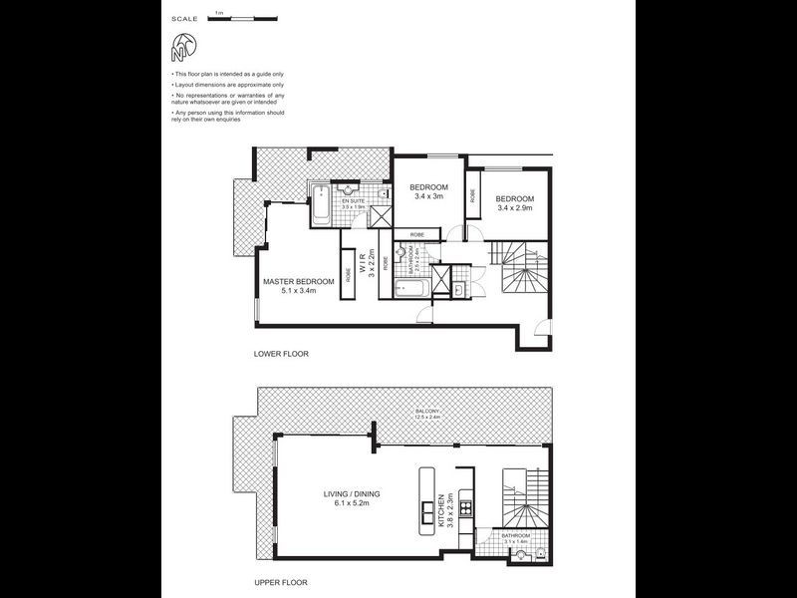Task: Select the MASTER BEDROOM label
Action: [x=299, y=282]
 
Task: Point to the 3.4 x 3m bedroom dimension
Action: [x=428, y=197]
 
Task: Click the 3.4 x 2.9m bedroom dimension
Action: [x=515, y=208]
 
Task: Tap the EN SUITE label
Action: [x=354, y=201]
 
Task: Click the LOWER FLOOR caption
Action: [x=281, y=354]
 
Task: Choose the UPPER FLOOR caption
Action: [x=281, y=582]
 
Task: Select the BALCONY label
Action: [x=428, y=411]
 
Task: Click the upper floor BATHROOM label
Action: [x=515, y=535]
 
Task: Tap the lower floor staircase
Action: [x=524, y=270]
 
